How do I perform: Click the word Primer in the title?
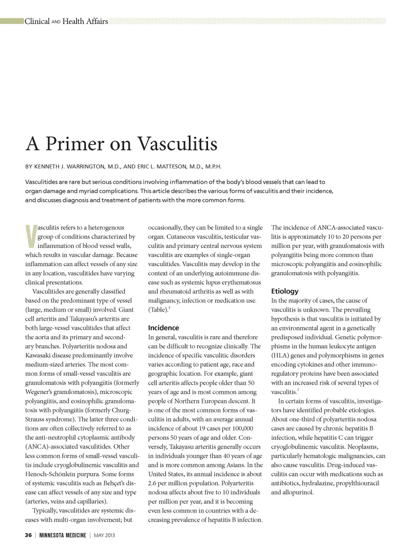(x=74, y=143)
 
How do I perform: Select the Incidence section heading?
(x=164, y=328)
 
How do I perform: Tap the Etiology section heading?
(x=285, y=291)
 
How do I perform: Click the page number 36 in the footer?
(x=28, y=535)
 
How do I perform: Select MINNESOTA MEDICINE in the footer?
(x=63, y=535)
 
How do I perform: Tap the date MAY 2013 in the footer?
(x=104, y=535)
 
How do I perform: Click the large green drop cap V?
(x=31, y=236)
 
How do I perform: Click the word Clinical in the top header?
(x=37, y=21)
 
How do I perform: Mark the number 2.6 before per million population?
(x=153, y=483)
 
